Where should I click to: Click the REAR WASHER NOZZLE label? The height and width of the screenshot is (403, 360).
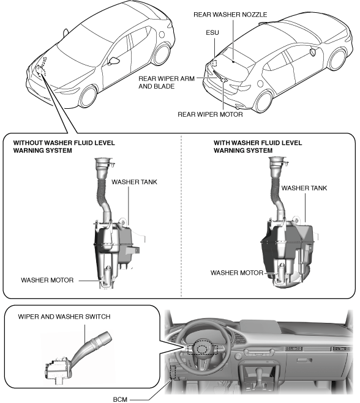point(230,15)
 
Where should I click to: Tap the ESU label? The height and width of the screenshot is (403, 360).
point(212,32)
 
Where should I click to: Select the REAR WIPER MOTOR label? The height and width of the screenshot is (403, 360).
point(210,114)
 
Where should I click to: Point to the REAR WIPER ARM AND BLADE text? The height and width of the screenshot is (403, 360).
point(167,82)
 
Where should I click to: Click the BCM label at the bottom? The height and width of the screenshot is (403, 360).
point(120,399)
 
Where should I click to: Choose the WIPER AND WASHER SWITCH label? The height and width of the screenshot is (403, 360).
point(64,317)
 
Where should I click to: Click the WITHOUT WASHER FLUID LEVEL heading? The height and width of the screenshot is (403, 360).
point(64,142)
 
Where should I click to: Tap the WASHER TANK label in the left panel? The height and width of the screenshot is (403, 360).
point(134,182)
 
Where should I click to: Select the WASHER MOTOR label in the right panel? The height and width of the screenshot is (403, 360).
point(237,273)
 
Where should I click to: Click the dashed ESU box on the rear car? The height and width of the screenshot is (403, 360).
point(214,63)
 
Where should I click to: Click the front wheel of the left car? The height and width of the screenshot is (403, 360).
point(88,97)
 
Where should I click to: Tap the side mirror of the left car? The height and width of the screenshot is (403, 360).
point(114,61)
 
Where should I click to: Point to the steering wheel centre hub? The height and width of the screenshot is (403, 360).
point(203,349)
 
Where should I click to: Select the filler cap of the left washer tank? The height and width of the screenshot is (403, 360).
point(104,163)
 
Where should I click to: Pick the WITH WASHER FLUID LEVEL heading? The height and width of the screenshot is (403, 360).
point(258,142)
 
